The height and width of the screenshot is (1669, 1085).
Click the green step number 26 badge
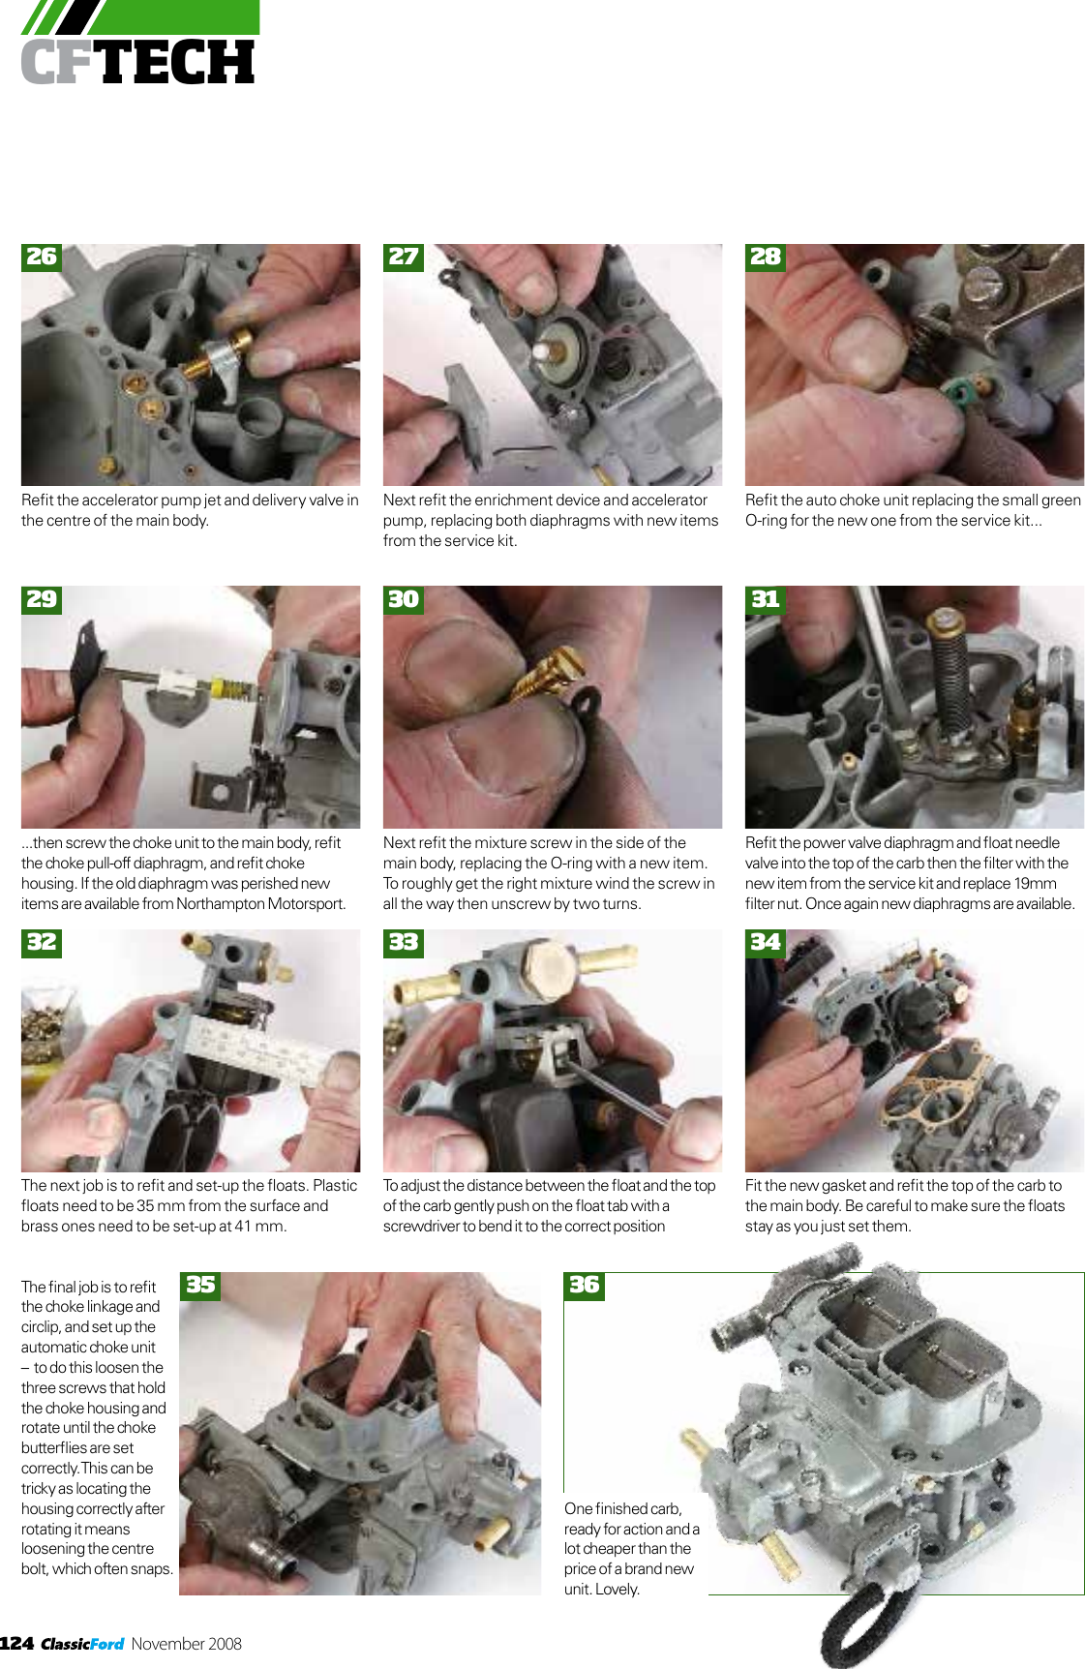coord(42,257)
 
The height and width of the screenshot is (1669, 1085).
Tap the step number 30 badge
coord(404,599)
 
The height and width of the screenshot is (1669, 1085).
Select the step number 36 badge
coord(585,1285)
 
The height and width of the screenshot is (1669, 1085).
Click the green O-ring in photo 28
coord(959,392)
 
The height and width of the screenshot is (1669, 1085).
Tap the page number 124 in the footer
coord(16,1643)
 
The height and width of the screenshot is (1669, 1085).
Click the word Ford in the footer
coord(107,1644)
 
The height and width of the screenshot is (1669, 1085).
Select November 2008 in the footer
coord(186,1643)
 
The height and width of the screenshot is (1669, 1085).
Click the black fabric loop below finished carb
coord(852,1626)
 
